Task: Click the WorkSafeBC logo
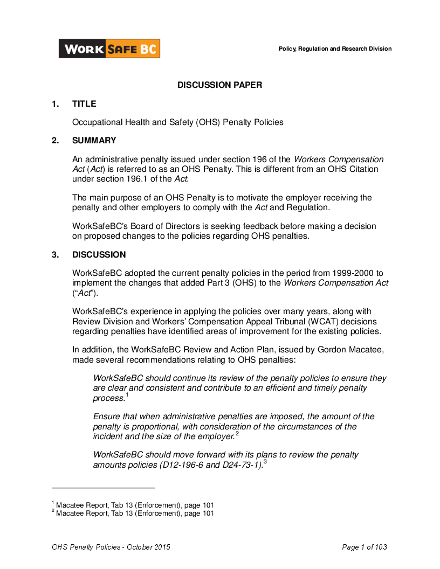point(109,49)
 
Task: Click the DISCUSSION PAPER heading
point(220,85)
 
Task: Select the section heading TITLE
point(84,104)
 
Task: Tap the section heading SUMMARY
point(94,141)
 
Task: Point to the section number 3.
point(55,255)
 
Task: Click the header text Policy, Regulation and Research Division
point(335,49)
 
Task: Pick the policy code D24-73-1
point(242,464)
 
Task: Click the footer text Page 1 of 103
point(365,547)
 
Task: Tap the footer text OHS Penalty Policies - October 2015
point(111,547)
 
